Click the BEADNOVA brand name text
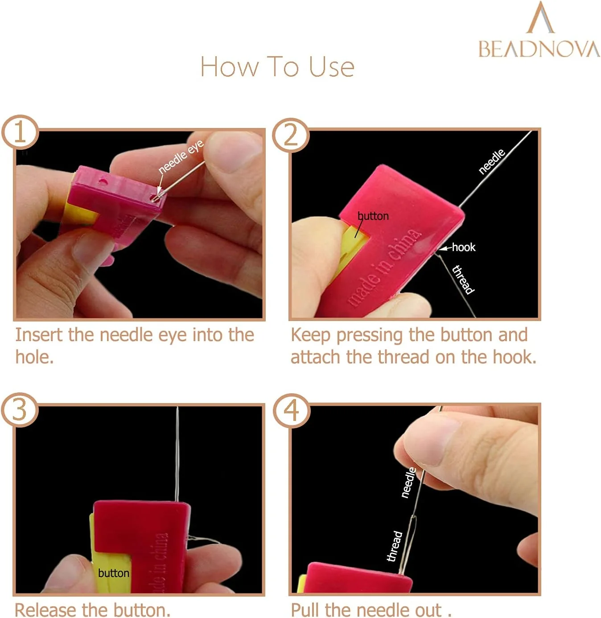(x=539, y=49)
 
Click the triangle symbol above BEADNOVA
(x=540, y=17)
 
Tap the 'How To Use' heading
(x=277, y=66)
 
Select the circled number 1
(x=20, y=132)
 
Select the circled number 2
(x=291, y=135)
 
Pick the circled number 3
(x=20, y=410)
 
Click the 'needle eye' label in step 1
(x=181, y=157)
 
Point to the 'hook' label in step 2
(x=464, y=247)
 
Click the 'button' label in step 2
(x=373, y=216)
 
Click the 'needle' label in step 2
(x=492, y=161)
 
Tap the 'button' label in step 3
(x=114, y=573)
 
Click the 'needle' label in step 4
(x=408, y=482)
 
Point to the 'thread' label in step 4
(x=395, y=546)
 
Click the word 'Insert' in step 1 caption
(x=39, y=335)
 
